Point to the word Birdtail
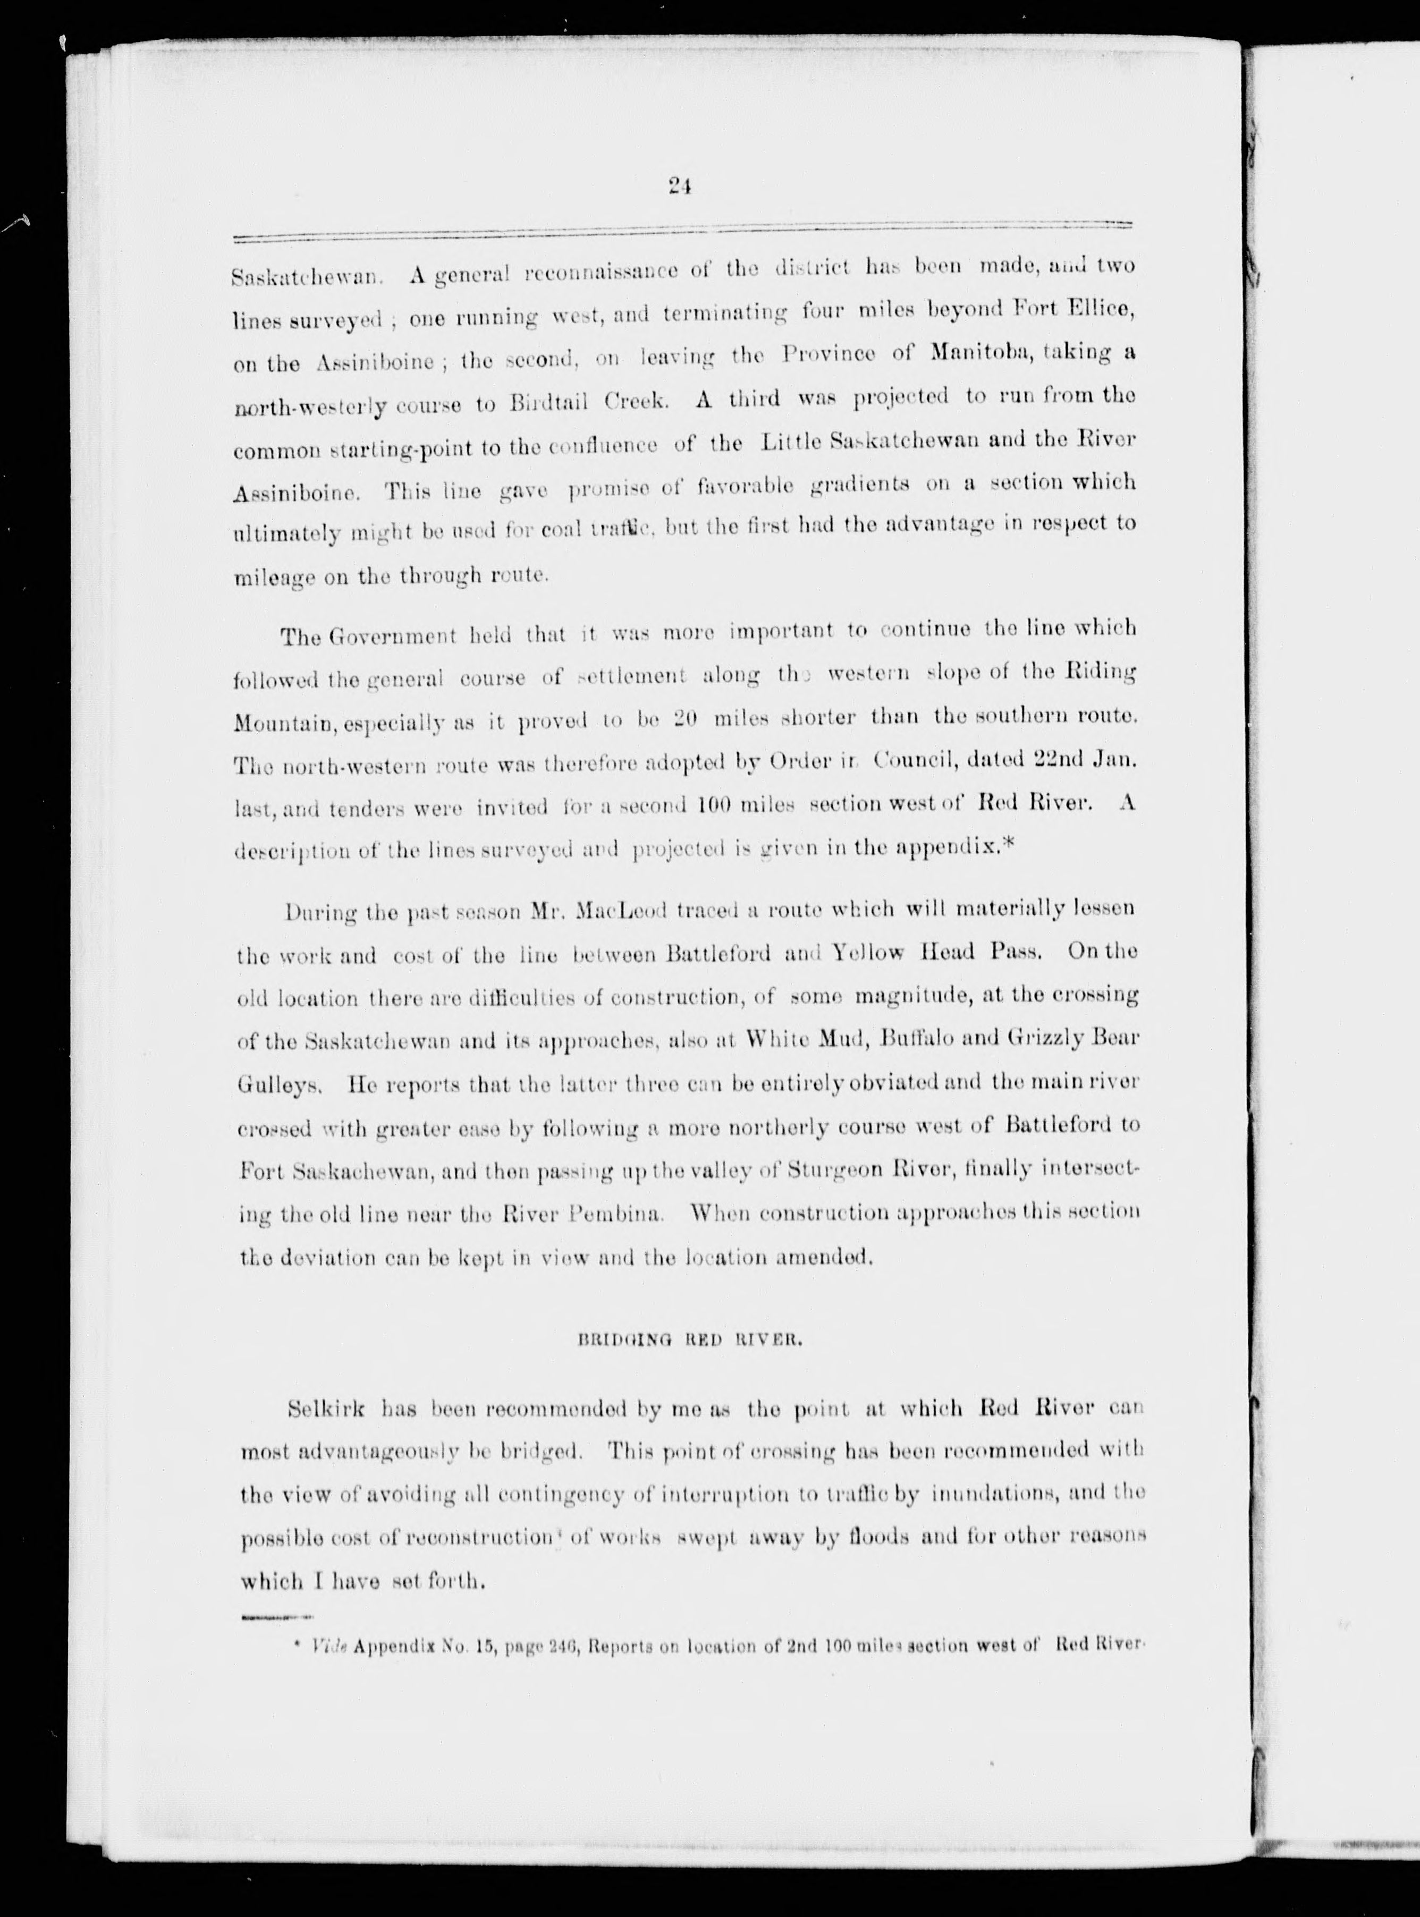tap(547, 402)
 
